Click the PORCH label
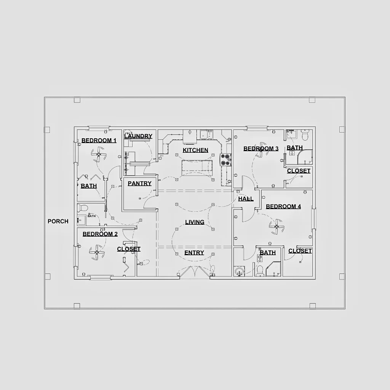[x=58, y=221]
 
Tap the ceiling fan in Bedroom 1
[x=99, y=154]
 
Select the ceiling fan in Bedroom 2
[x=97, y=253]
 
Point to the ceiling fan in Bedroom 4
[x=277, y=227]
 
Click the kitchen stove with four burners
[x=225, y=160]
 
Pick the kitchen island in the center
[x=197, y=169]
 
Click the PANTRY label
[x=139, y=183]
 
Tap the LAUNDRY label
[x=138, y=136]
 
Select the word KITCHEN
[x=195, y=150]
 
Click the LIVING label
[x=195, y=222]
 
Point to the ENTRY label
[x=194, y=253]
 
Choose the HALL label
[x=246, y=199]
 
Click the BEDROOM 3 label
[x=261, y=149]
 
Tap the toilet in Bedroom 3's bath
[x=305, y=134]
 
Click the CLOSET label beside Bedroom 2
[x=129, y=249]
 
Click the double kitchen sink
[x=207, y=135]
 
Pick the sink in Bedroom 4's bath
[x=239, y=271]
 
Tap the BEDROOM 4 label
[x=283, y=206]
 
